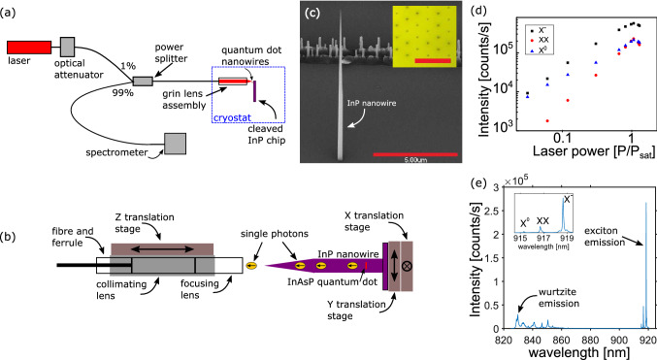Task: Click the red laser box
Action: coord(29,47)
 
